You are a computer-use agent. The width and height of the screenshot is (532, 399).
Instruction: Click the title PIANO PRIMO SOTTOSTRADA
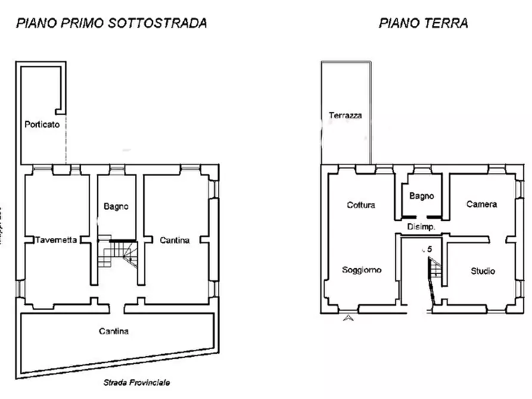pos(111,23)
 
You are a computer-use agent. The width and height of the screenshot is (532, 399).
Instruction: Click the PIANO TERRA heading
pos(423,23)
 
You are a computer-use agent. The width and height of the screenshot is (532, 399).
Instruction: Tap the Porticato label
pos(42,125)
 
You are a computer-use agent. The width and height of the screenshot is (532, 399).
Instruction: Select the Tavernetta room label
pos(55,241)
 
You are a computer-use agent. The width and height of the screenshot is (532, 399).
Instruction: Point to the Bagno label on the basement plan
pos(116,207)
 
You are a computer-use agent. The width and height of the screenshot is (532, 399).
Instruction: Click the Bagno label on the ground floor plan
pos(422,196)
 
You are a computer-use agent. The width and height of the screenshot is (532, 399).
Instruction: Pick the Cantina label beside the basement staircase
pos(175,241)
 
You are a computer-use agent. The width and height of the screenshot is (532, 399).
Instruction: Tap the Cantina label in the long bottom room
pos(113,331)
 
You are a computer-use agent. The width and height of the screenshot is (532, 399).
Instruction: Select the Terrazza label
pos(346,116)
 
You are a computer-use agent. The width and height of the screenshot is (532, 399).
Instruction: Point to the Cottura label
pos(361,205)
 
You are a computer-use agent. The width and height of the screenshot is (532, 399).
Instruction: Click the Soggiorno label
pos(362,270)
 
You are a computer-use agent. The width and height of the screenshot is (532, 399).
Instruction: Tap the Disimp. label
pos(421,227)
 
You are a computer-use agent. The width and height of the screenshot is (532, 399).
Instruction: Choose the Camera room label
pos(481,204)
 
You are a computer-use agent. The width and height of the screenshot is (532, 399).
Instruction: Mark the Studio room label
pos(483,271)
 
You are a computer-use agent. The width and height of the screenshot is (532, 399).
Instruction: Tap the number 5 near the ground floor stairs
pos(429,250)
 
